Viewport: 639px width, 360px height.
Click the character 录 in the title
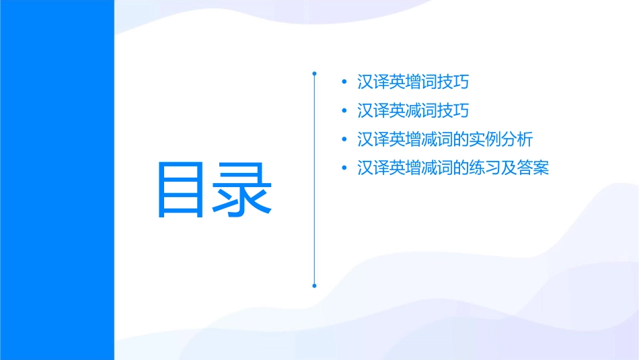click(x=244, y=190)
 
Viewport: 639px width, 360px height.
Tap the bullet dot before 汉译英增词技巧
click(x=345, y=83)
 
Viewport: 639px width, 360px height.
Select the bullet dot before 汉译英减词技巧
click(x=345, y=111)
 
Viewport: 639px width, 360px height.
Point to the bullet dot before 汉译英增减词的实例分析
click(x=345, y=140)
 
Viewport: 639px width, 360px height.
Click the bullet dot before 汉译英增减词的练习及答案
click(x=345, y=168)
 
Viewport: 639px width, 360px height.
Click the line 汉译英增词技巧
click(x=413, y=83)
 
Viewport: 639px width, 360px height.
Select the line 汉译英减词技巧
click(x=413, y=111)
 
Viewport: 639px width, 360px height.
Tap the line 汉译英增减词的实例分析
click(x=445, y=140)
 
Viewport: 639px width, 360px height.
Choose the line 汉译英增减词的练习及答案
click(x=453, y=168)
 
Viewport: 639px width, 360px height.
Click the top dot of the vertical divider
click(x=314, y=72)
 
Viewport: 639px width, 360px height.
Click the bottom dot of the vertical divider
click(x=314, y=285)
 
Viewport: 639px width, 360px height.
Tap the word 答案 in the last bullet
click(x=533, y=168)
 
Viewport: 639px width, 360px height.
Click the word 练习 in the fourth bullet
click(x=485, y=168)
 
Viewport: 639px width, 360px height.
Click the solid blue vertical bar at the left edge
click(x=57, y=180)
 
